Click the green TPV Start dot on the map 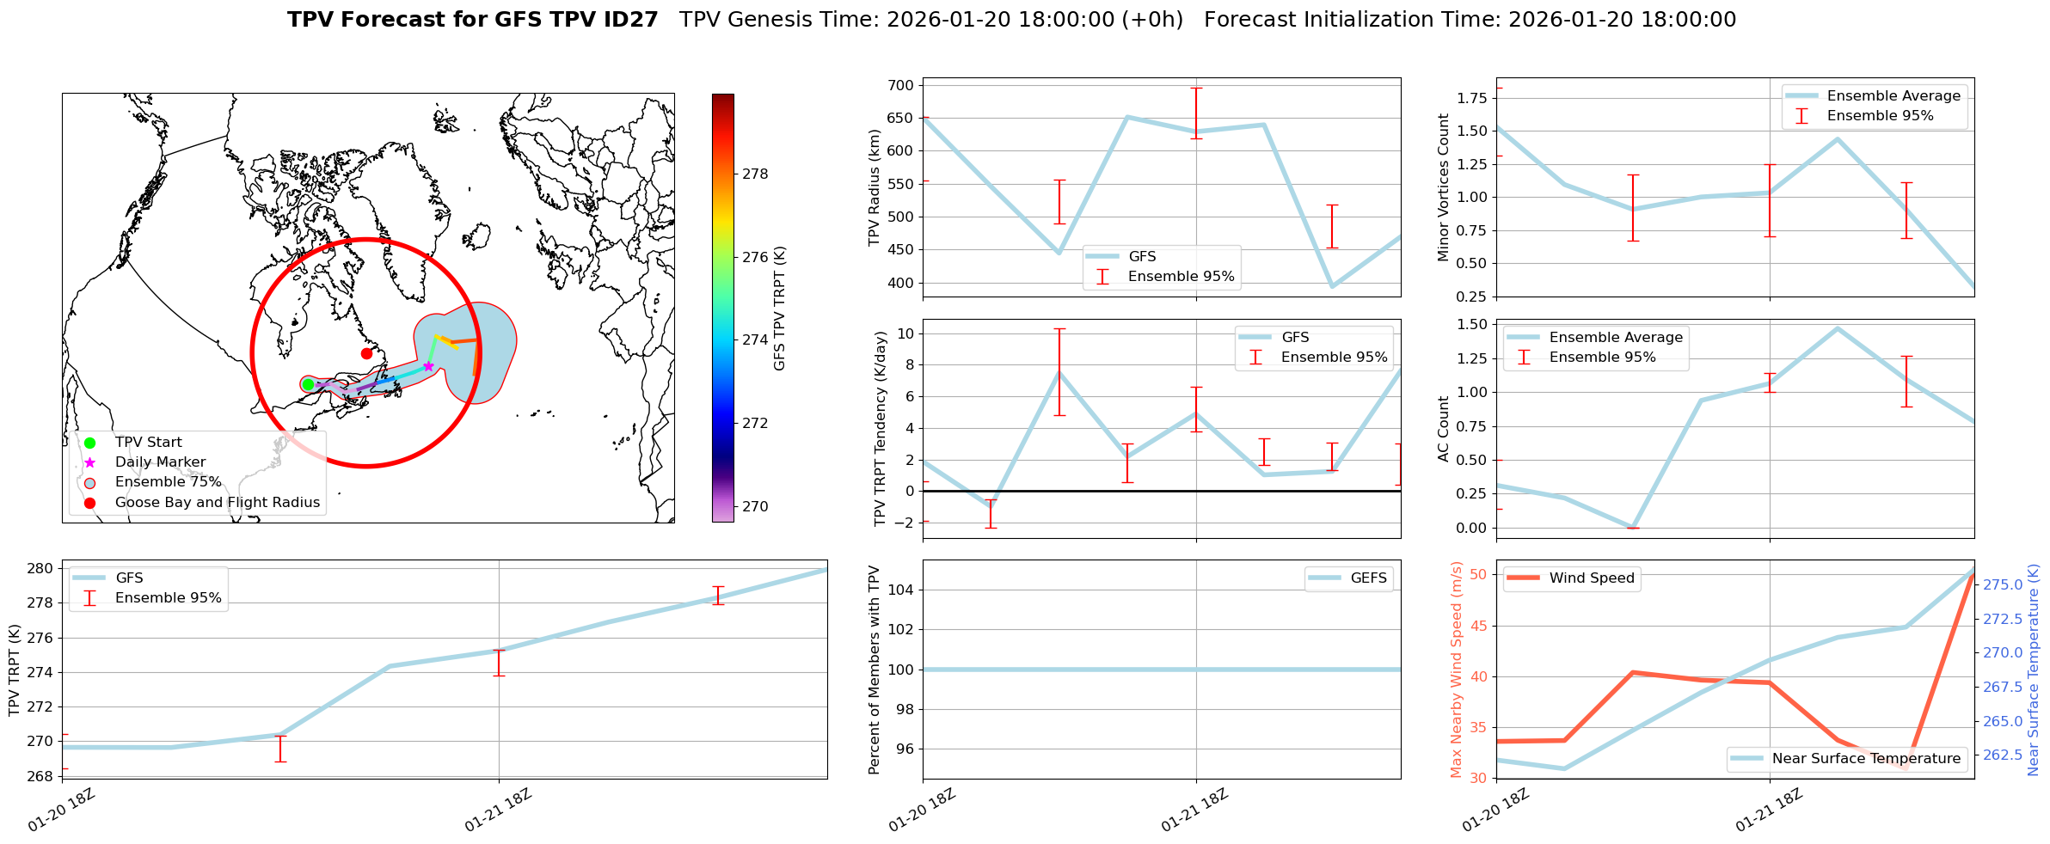point(308,384)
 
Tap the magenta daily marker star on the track point(428,366)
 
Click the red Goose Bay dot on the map point(366,353)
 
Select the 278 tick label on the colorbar point(755,174)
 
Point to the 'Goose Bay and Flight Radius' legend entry point(217,502)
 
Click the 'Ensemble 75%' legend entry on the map point(168,482)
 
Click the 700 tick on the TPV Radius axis point(900,85)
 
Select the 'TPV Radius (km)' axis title point(875,187)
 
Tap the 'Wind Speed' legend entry point(1591,578)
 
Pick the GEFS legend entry point(1368,578)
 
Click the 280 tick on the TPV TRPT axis point(40,568)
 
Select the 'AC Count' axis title point(1444,428)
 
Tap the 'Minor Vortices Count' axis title point(1444,187)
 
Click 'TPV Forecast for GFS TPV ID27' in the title point(472,20)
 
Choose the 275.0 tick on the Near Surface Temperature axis point(2004,584)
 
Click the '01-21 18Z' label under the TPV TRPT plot point(499,810)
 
